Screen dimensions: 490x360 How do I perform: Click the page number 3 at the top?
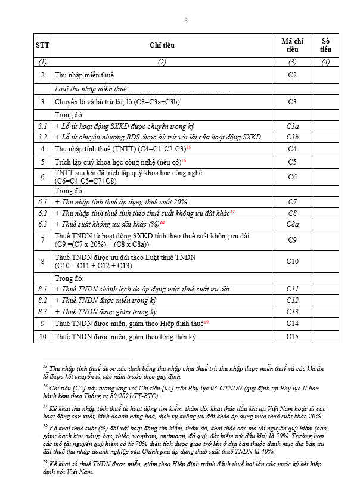pyautogui.click(x=185, y=21)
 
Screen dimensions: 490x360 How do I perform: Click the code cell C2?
pyautogui.click(x=292, y=75)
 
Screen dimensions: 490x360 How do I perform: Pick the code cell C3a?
pyautogui.click(x=292, y=126)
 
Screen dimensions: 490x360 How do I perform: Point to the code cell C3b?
pyautogui.click(x=292, y=137)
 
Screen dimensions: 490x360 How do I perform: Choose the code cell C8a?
pyautogui.click(x=292, y=224)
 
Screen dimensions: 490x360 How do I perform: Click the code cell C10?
pyautogui.click(x=292, y=261)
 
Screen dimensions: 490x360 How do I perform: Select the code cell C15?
pyautogui.click(x=292, y=337)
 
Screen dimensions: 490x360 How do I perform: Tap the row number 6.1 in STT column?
pyautogui.click(x=42, y=202)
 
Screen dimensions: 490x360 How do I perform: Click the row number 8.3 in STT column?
pyautogui.click(x=42, y=312)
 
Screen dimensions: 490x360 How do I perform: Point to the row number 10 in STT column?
pyautogui.click(x=42, y=337)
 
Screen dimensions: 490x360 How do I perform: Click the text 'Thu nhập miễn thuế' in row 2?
pyautogui.click(x=84, y=75)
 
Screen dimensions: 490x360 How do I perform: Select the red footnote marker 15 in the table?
pyautogui.click(x=188, y=147)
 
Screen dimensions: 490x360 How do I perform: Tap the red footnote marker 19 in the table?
pyautogui.click(x=206, y=322)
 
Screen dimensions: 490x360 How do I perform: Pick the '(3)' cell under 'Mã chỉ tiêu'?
pyautogui.click(x=292, y=62)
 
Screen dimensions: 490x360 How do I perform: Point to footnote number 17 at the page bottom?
pyautogui.click(x=45, y=406)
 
